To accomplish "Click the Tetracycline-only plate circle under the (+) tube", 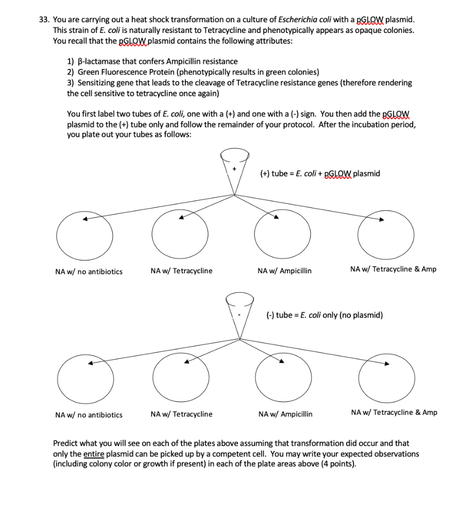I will pos(180,235).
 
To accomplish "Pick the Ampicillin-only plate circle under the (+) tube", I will pos(284,235).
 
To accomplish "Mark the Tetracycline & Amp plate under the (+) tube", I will pos(387,235).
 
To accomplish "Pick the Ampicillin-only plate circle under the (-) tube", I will pos(284,378).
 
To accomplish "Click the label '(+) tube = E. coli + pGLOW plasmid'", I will pos(320,173).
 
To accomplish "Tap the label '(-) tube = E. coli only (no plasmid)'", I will pos(324,315).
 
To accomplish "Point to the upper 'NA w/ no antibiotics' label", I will pos(89,272).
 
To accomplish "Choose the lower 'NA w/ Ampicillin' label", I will pos(285,414).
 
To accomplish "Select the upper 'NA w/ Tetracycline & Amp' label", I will pos(393,269).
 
